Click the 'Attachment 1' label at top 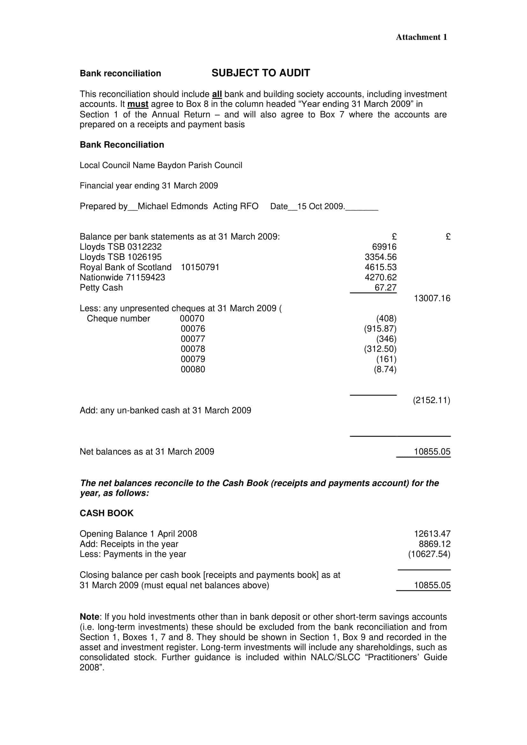(x=421, y=37)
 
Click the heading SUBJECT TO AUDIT (x=260, y=73)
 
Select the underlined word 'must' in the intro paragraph (x=138, y=104)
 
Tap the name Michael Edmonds (x=172, y=206)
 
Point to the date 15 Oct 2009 (x=320, y=206)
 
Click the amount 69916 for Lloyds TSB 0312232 (x=384, y=247)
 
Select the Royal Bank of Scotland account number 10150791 (x=200, y=267)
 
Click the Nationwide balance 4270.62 (x=380, y=277)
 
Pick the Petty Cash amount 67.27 (x=385, y=288)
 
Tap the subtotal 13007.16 (x=432, y=298)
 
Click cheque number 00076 (x=193, y=329)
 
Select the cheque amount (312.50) (x=380, y=349)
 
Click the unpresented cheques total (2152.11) (x=431, y=400)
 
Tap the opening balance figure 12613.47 (x=432, y=534)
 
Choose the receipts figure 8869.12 (x=435, y=544)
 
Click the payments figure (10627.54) (x=429, y=554)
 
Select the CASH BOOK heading (x=106, y=513)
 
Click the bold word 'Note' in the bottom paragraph (x=90, y=617)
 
